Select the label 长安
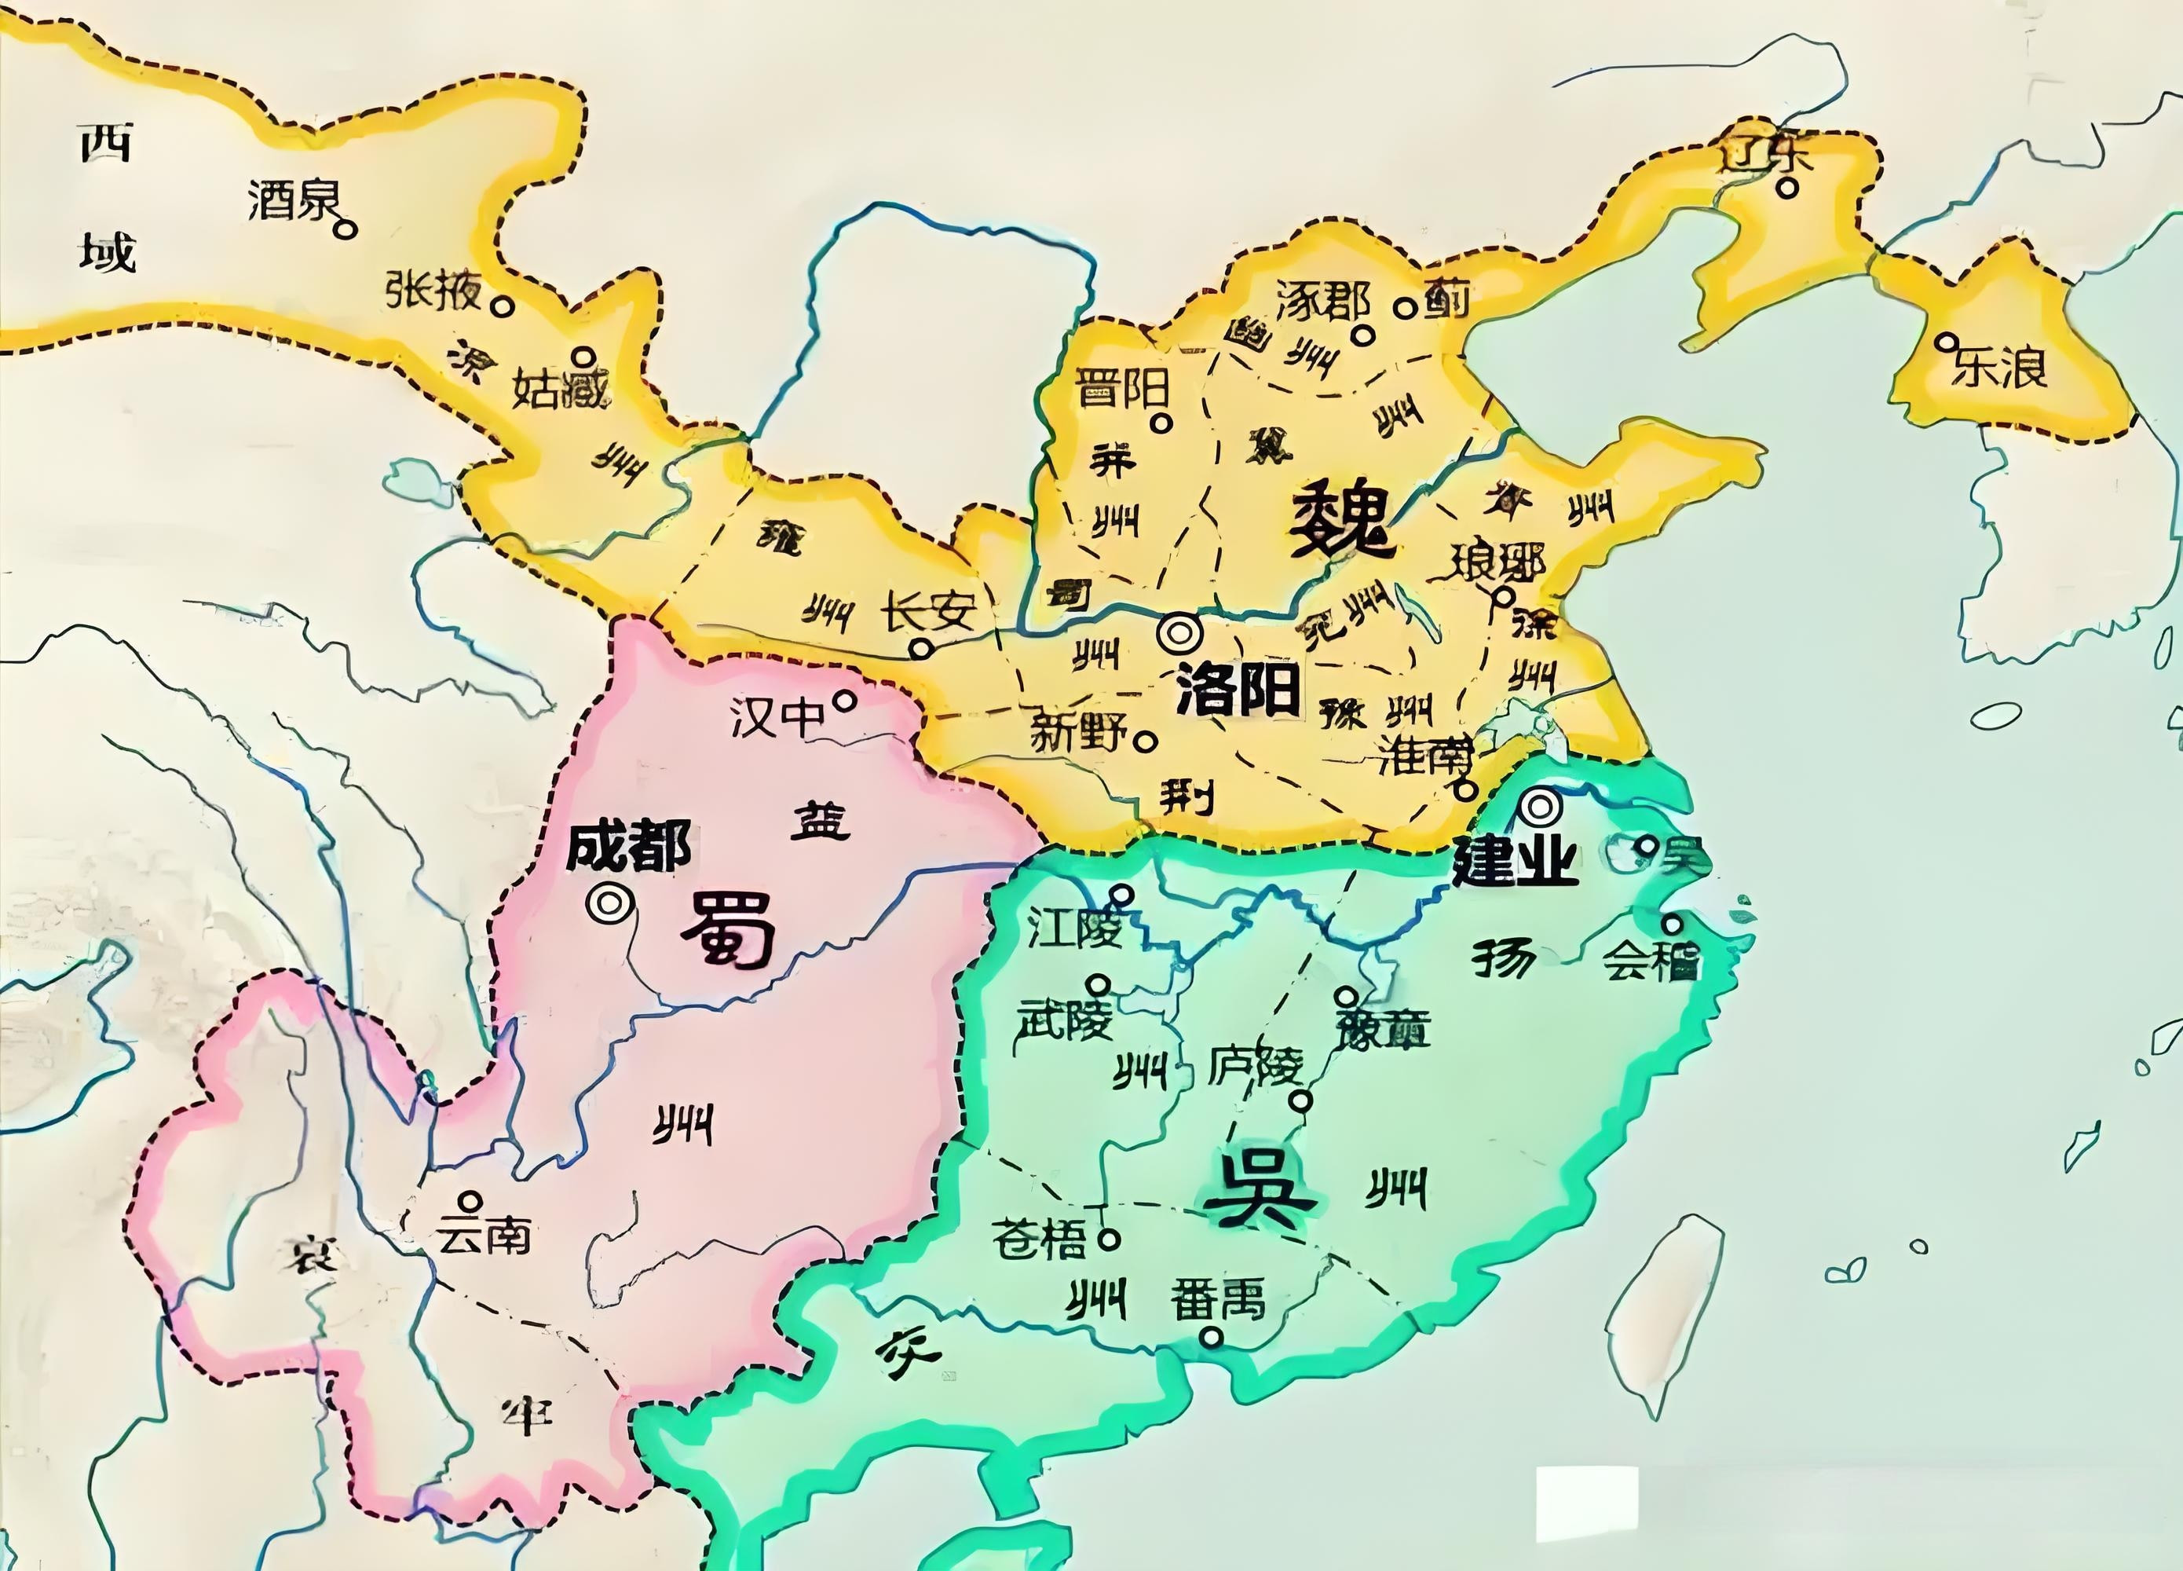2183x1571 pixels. [x=929, y=610]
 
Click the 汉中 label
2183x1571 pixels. [x=777, y=716]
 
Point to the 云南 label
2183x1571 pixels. [x=483, y=1234]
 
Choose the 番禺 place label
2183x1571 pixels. [x=1216, y=1299]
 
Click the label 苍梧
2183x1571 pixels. [x=1039, y=1239]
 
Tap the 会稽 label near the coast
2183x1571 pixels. [x=1650, y=960]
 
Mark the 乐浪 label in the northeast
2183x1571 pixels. [x=1999, y=367]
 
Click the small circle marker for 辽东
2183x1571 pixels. [x=1787, y=189]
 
